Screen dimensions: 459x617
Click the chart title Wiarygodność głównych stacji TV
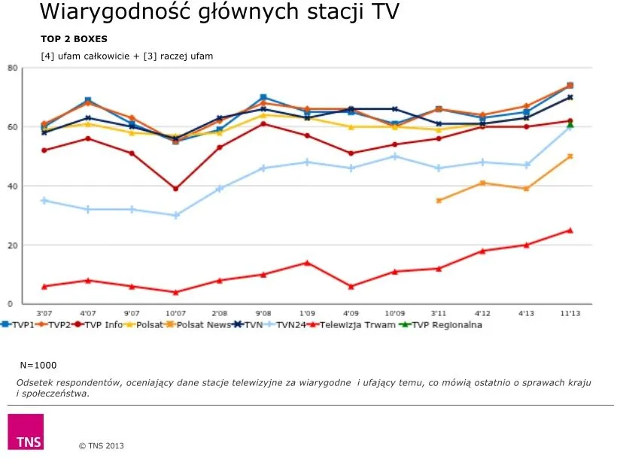(219, 12)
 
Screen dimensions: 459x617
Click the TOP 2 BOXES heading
(74, 38)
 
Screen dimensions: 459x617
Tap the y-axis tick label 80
(12, 68)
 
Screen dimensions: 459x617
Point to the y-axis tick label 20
(12, 245)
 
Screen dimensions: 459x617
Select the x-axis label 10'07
(175, 313)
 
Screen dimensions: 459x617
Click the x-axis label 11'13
(570, 313)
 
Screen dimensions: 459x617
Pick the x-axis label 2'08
(220, 313)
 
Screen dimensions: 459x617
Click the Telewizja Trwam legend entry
(354, 325)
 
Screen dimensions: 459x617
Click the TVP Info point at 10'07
(175, 189)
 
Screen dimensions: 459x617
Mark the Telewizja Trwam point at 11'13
(570, 230)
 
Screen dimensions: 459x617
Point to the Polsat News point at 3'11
(439, 201)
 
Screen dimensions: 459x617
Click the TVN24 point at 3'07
(44, 201)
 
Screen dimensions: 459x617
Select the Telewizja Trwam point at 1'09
(307, 263)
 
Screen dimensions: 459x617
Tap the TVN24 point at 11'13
(570, 127)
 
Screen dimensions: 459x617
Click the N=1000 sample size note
(38, 365)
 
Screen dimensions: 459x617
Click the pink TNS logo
(26, 432)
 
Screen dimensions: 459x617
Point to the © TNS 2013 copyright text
(102, 446)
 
